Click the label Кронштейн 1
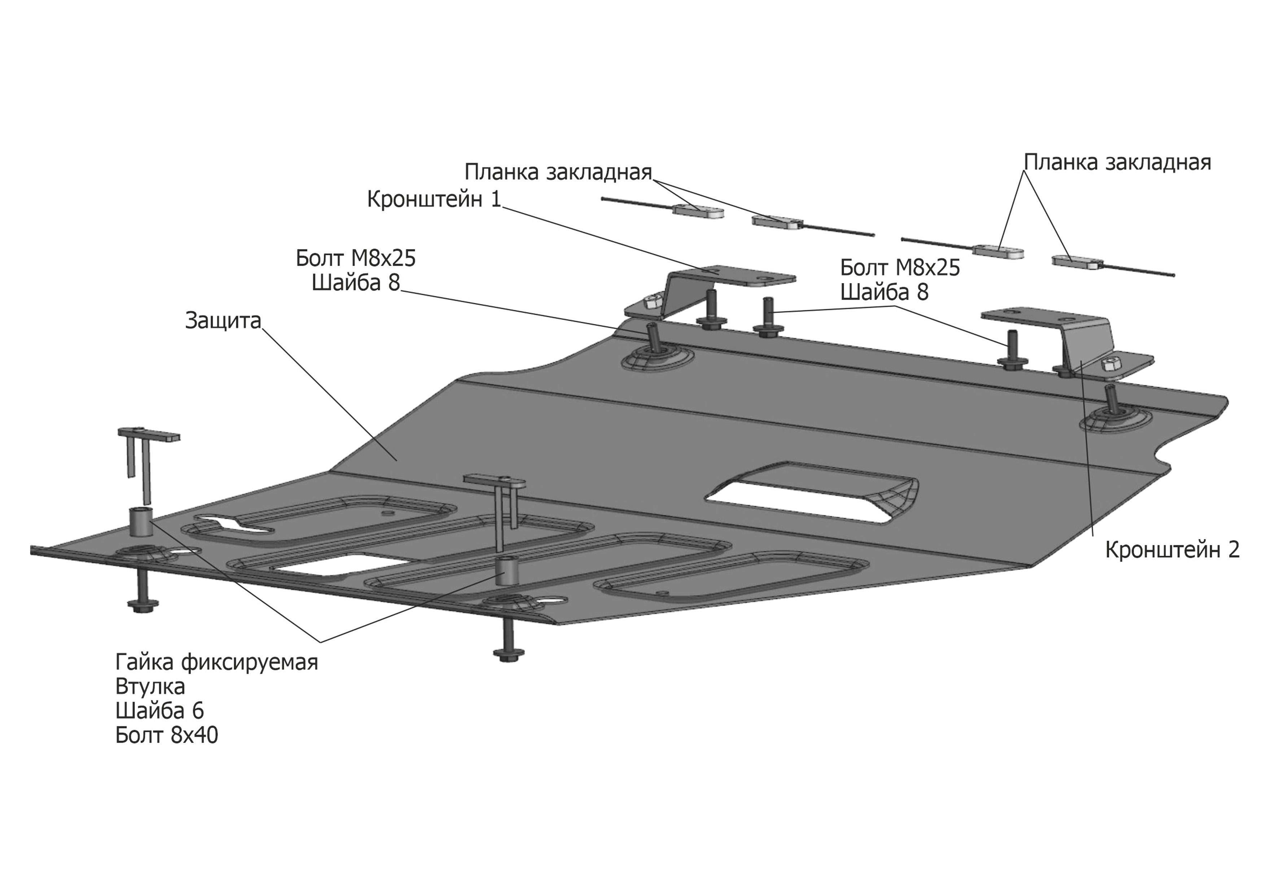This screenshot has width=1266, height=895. [434, 199]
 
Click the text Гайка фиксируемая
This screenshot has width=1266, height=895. [217, 662]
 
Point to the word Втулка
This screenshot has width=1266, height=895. [150, 686]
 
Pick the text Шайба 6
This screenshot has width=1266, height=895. [160, 711]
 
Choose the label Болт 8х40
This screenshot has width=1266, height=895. [166, 735]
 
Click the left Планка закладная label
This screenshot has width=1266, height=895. [558, 172]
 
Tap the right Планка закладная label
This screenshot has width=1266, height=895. [1117, 163]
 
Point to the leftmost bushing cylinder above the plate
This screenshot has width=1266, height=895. [141, 522]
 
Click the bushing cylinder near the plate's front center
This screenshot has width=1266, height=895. [508, 572]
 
